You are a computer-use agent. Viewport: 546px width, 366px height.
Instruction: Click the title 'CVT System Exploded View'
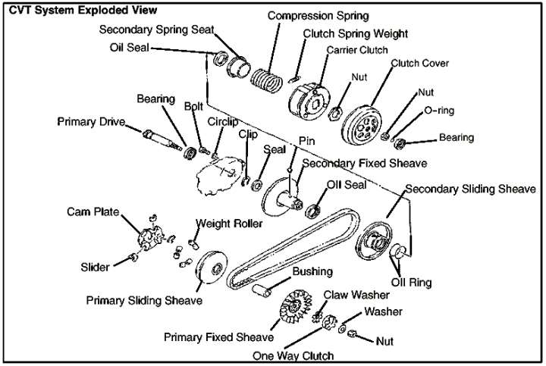pyautogui.click(x=83, y=10)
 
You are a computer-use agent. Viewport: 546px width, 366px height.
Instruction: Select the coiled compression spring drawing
pyautogui.click(x=267, y=81)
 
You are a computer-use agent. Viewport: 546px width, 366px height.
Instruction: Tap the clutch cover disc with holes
pyautogui.click(x=361, y=124)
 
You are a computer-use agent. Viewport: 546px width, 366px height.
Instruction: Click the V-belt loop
pyautogui.click(x=293, y=249)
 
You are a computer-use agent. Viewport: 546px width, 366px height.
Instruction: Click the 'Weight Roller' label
pyautogui.click(x=229, y=224)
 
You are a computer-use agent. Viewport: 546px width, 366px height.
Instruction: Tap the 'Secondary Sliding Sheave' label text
pyautogui.click(x=470, y=189)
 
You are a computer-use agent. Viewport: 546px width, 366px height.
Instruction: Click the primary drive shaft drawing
pyautogui.click(x=162, y=139)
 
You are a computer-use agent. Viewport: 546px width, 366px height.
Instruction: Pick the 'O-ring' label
pyautogui.click(x=439, y=111)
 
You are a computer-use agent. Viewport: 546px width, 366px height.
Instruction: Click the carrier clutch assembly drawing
pyautogui.click(x=309, y=102)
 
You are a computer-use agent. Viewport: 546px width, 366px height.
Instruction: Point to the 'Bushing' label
pyautogui.click(x=312, y=271)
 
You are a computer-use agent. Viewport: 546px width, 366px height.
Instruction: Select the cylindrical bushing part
pyautogui.click(x=262, y=290)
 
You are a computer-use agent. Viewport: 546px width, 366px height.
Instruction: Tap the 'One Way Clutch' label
pyautogui.click(x=293, y=355)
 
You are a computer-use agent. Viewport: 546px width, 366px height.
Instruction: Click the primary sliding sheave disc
pyautogui.click(x=212, y=267)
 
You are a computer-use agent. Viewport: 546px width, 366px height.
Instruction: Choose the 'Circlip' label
pyautogui.click(x=222, y=122)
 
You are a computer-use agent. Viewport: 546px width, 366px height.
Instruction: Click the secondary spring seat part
pyautogui.click(x=239, y=67)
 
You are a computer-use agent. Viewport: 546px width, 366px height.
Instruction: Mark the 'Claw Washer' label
pyautogui.click(x=356, y=295)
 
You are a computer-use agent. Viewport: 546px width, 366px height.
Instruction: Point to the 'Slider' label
pyautogui.click(x=95, y=267)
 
